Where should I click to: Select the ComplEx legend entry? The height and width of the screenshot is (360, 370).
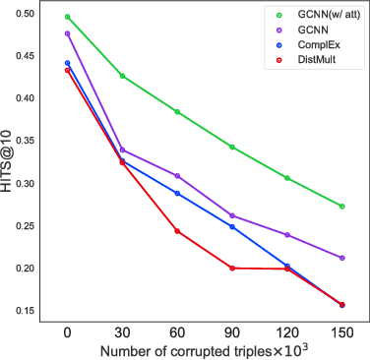(x=309, y=46)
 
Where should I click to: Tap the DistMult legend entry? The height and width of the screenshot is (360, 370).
(x=309, y=61)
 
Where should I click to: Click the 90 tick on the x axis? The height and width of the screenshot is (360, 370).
(x=232, y=334)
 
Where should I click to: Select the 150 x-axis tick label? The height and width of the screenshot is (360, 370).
(x=341, y=334)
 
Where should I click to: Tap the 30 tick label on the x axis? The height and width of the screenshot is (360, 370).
(x=122, y=334)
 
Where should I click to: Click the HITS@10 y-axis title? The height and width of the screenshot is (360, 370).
(x=8, y=162)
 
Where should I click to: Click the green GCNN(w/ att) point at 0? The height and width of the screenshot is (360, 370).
(x=68, y=17)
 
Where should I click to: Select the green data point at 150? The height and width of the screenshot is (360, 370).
(x=341, y=207)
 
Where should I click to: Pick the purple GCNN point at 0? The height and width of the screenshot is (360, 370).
(x=68, y=33)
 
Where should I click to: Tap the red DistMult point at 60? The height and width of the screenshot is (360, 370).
(x=177, y=231)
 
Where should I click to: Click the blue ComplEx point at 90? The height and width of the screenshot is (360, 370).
(x=232, y=227)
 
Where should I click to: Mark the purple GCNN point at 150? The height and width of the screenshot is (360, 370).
(x=341, y=258)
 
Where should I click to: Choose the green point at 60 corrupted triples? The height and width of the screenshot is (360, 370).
(x=177, y=112)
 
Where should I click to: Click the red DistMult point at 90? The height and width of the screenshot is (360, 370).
(x=232, y=268)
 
